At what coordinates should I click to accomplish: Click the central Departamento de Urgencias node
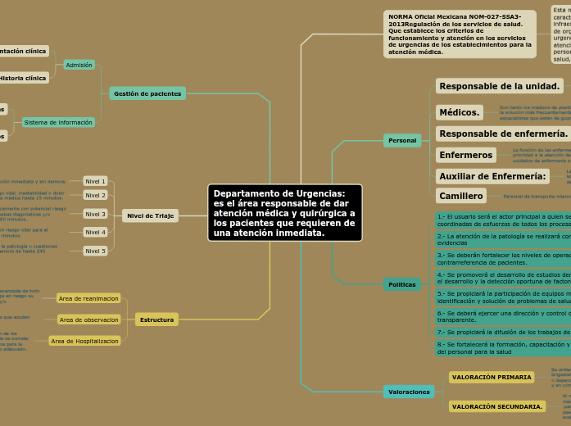click(x=284, y=213)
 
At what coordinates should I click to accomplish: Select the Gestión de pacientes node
click(x=147, y=93)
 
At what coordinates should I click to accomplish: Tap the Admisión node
click(x=79, y=65)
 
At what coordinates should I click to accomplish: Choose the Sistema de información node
click(x=58, y=122)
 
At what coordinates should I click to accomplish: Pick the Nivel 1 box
click(x=96, y=181)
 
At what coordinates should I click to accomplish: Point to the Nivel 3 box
click(x=96, y=214)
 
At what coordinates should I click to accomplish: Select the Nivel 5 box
click(x=96, y=251)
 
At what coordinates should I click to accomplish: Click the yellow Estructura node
click(x=156, y=319)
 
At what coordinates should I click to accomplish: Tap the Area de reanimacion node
click(x=89, y=298)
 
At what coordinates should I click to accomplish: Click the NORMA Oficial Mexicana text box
click(x=460, y=34)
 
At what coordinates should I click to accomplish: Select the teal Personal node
click(x=402, y=140)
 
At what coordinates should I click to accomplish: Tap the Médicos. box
click(x=459, y=112)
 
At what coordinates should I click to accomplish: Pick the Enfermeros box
click(x=465, y=155)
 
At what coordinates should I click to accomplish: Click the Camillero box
click(x=460, y=196)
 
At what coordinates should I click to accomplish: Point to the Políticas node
click(x=402, y=284)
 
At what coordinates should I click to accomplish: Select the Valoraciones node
click(x=409, y=392)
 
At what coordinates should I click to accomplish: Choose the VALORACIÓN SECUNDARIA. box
click(x=496, y=406)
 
